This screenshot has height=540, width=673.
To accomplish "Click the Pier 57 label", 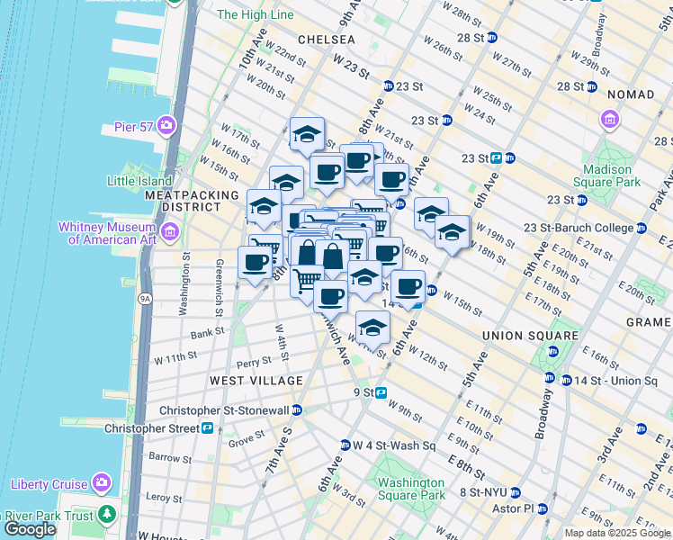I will point(130,124).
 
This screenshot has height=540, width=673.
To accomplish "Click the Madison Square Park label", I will point(613,175).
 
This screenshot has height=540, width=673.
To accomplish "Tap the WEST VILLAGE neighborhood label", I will point(256,381).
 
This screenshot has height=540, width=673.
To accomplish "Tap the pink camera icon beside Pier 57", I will point(166,124).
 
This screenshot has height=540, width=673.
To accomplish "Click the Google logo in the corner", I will point(30,529).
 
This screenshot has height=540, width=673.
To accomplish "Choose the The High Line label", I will point(256,14).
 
